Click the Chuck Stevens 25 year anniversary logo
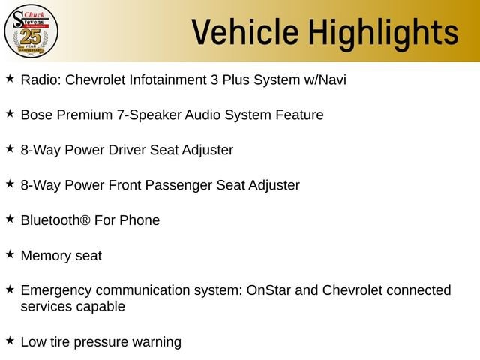pyautogui.click(x=31, y=31)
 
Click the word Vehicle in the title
pyautogui.click(x=245, y=31)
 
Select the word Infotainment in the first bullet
pyautogui.click(x=168, y=79)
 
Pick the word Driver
pyautogui.click(x=127, y=150)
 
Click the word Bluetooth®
pyautogui.click(x=55, y=220)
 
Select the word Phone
pyautogui.click(x=139, y=220)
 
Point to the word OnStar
pyautogui.click(x=268, y=290)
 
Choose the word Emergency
pyautogui.click(x=56, y=291)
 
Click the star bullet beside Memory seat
pyautogui.click(x=10, y=254)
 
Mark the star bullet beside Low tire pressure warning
pyautogui.click(x=10, y=340)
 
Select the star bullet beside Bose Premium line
pyautogui.click(x=10, y=113)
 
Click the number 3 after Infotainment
pyautogui.click(x=214, y=79)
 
